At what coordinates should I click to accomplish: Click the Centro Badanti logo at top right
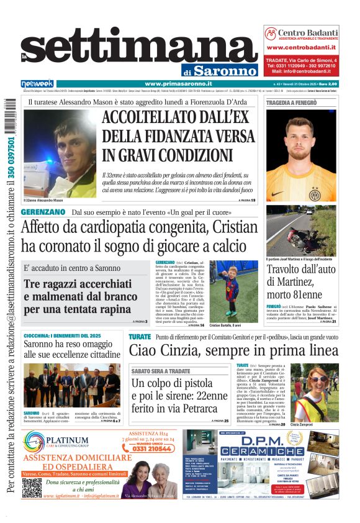tap(301, 34)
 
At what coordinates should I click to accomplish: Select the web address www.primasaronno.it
tap(179, 84)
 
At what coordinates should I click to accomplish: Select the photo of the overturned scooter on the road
tap(302, 232)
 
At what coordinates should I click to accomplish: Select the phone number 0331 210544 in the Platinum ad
tap(148, 448)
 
